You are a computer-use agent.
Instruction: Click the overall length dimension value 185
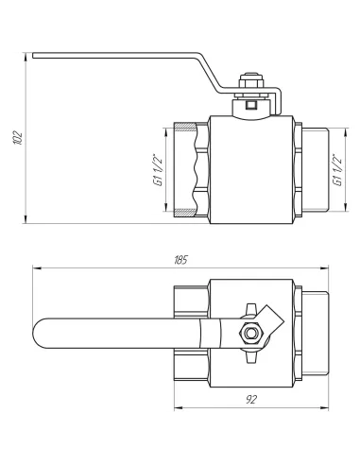pyautogui.click(x=181, y=259)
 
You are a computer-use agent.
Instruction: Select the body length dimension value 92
pyautogui.click(x=251, y=401)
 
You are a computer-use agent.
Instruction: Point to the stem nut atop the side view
pyautogui.click(x=250, y=85)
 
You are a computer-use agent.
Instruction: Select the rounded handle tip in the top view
pyautogui.click(x=40, y=332)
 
